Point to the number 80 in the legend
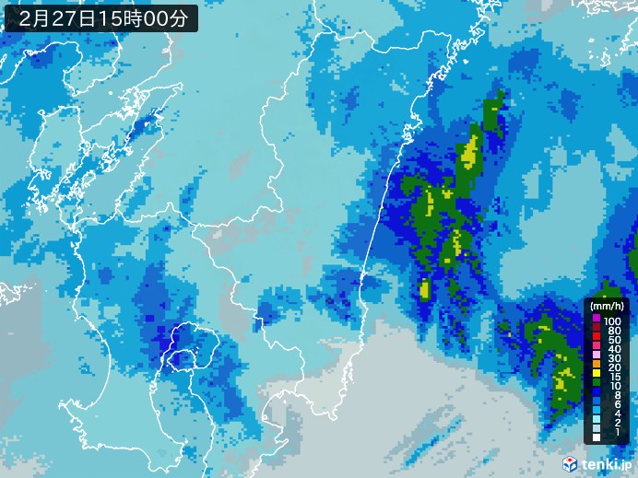[613, 330]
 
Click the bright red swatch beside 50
[597, 340]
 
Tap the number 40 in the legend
[613, 350]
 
